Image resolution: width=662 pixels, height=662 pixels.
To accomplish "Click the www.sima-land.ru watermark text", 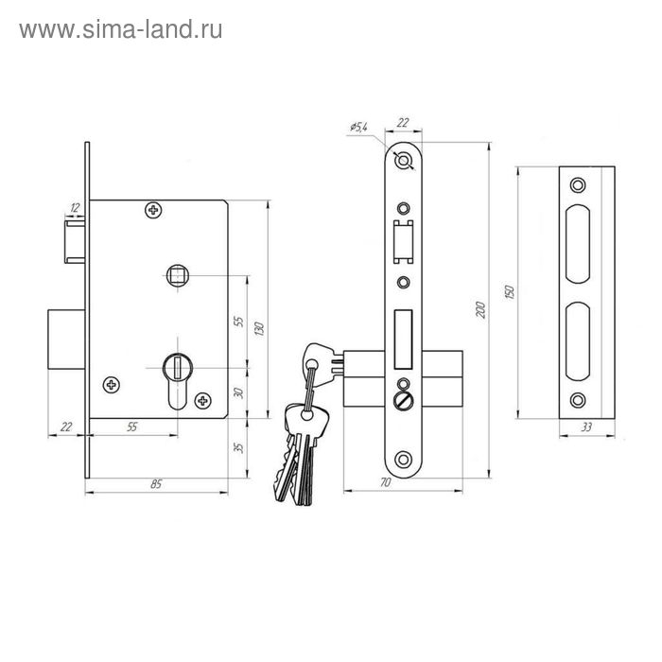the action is [x=121, y=30].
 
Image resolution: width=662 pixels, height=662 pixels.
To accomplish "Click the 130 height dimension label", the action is [x=259, y=329].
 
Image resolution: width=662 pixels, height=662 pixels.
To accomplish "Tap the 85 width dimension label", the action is [x=156, y=484].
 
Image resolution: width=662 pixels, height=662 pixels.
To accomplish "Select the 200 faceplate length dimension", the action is [x=480, y=310].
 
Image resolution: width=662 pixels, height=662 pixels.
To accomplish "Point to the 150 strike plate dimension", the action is [x=510, y=292].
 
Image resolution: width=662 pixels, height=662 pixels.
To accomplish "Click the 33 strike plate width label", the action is [x=586, y=427].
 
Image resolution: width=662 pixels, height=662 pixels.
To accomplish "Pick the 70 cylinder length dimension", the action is [x=386, y=482].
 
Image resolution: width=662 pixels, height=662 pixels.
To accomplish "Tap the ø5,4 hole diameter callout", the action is [x=358, y=126].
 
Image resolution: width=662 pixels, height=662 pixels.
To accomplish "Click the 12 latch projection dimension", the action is [x=75, y=208].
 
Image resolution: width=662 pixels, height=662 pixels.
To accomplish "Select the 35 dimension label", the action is [x=238, y=447].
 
